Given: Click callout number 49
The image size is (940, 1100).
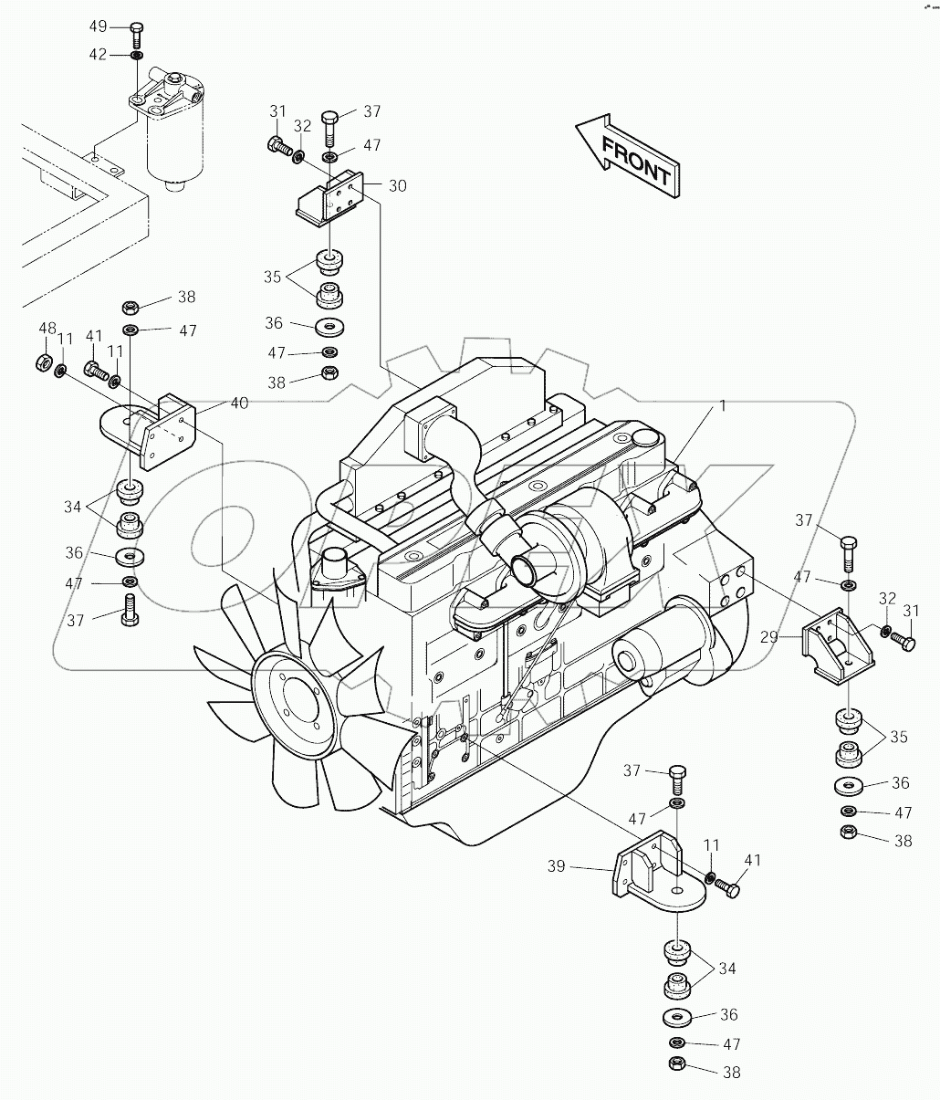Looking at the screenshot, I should point(98,26).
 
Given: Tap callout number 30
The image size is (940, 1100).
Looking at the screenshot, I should point(397,185).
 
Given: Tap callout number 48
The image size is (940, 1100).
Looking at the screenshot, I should point(47,328).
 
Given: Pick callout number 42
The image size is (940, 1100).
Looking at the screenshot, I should point(98,55).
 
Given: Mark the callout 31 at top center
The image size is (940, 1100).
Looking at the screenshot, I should point(278,111).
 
